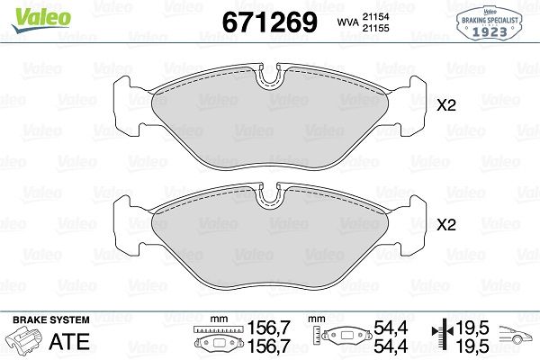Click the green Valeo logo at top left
click(41, 20)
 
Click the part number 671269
click(270, 22)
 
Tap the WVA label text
click(347, 22)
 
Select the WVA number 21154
click(375, 16)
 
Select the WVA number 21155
click(375, 28)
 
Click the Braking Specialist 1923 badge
click(489, 23)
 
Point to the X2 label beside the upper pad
click(446, 105)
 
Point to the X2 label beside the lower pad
click(446, 225)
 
